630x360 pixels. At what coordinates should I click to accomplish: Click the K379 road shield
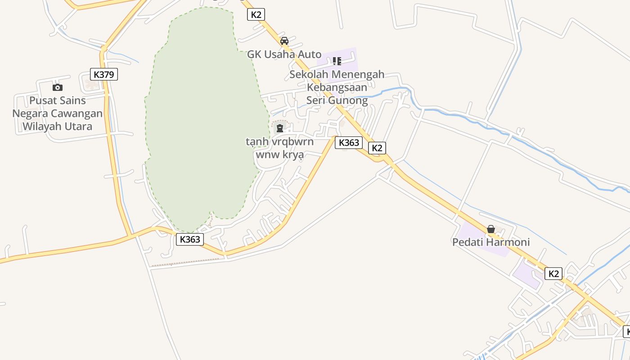(104, 74)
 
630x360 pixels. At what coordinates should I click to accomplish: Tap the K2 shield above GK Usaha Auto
(256, 14)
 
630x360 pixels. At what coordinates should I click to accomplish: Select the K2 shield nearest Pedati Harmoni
(553, 273)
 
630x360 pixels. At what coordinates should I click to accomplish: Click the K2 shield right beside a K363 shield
(377, 148)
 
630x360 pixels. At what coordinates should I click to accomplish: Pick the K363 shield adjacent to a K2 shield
(349, 143)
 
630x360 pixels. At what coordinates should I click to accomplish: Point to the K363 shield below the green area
(189, 239)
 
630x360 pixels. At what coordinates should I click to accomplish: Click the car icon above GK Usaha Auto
(284, 41)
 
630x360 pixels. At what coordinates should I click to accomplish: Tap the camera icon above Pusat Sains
(57, 87)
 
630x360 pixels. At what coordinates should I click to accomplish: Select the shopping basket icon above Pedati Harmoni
(491, 229)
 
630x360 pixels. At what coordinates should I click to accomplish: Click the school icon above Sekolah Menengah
(337, 61)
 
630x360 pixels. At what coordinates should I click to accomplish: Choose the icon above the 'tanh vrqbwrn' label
(280, 128)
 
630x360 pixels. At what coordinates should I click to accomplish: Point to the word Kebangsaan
(337, 87)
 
